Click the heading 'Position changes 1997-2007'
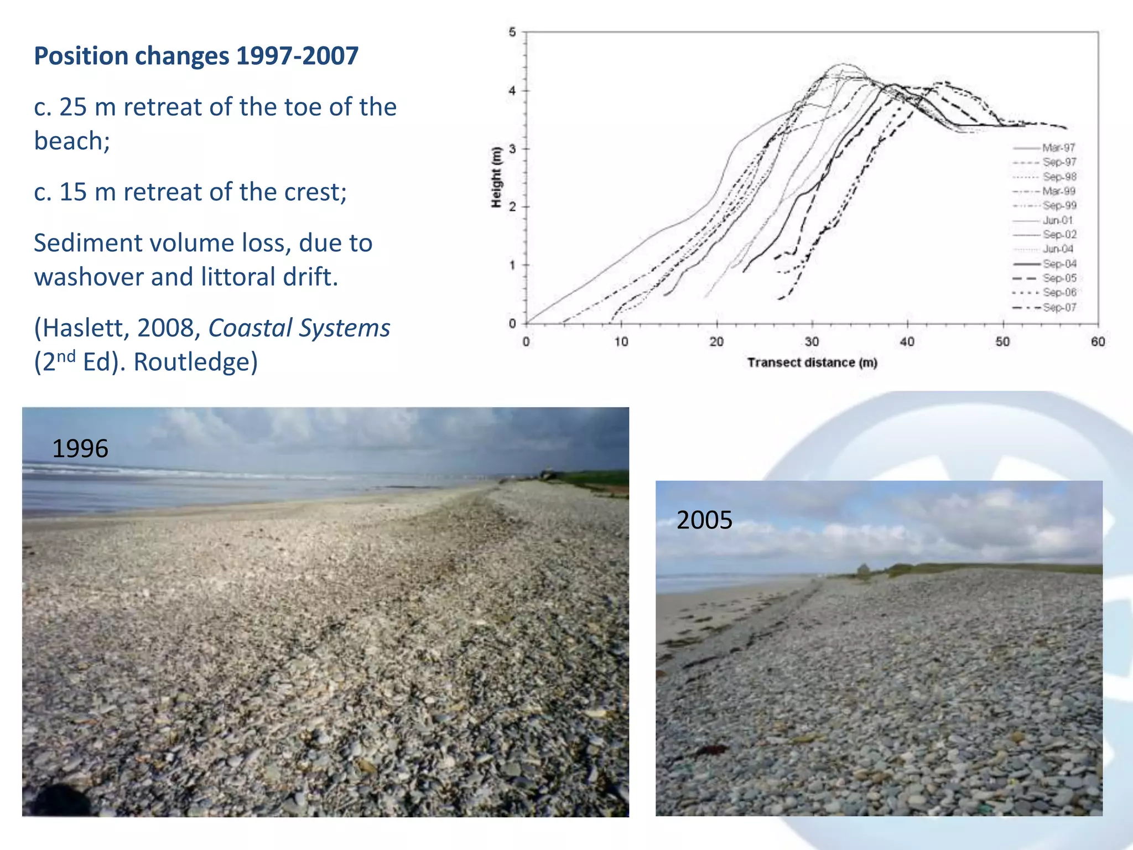(196, 56)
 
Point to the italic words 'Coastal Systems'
(299, 328)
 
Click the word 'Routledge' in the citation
(195, 362)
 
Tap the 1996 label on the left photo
(80, 449)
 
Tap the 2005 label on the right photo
(704, 520)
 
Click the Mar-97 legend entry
(1058, 148)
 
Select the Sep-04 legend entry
(1059, 264)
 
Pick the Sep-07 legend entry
(1059, 307)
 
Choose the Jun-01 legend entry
(1057, 220)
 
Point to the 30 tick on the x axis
(812, 341)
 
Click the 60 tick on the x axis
(1098, 341)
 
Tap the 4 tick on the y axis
(512, 91)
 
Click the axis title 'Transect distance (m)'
(812, 362)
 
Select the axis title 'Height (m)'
(496, 177)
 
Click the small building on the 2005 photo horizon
(862, 571)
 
